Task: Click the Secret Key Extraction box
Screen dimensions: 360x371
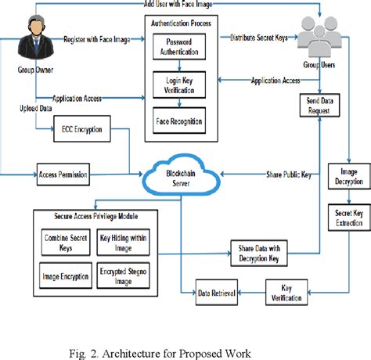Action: (344, 217)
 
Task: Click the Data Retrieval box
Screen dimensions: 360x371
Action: (217, 293)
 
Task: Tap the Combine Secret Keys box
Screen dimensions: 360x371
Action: (63, 240)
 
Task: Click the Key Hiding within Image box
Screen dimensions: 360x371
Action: (127, 240)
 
